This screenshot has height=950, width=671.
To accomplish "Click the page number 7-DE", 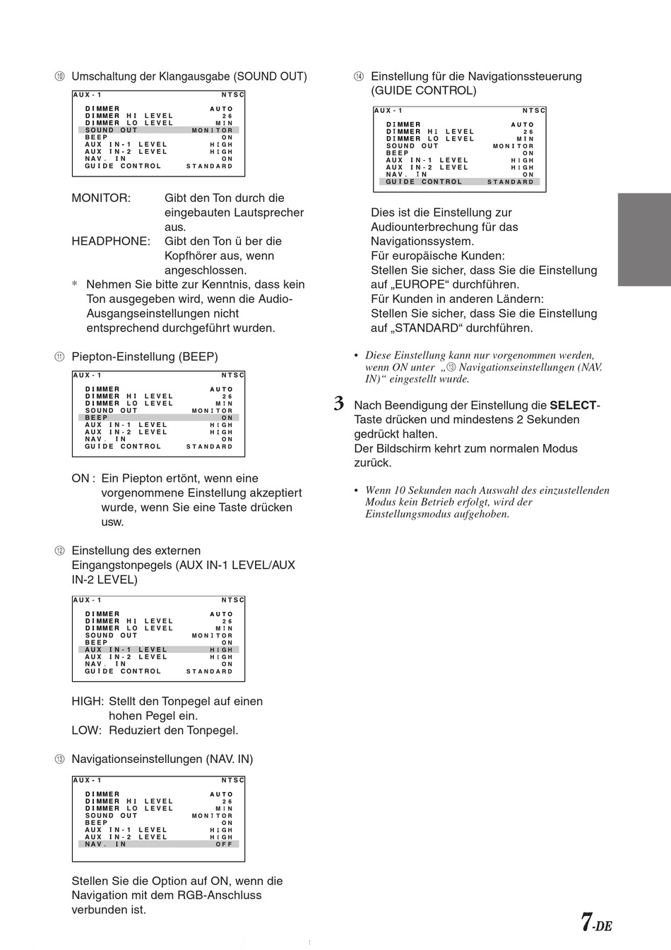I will pos(596,922).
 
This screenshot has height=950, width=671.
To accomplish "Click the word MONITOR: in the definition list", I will pos(101,198).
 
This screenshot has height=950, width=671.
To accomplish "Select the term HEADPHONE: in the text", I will pos(111,241).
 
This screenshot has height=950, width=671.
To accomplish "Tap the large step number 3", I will pos(339,405).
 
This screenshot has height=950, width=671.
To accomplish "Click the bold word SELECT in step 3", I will pos(573,405).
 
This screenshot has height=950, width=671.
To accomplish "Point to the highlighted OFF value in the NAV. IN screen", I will pos(224,844).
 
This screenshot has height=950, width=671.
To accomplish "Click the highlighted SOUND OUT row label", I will pos(111,130).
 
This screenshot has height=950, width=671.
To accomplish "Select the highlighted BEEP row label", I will pos(96,418).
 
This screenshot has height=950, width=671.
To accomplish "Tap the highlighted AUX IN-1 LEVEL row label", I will pos(126,649).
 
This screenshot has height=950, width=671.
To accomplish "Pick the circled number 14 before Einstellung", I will pos(359,77).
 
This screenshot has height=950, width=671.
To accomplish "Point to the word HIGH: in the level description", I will pos(88,702).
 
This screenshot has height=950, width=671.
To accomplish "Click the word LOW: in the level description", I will pos(86,730).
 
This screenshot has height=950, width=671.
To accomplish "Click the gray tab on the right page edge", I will pos(644,239).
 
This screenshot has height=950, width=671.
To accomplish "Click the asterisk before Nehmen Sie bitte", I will pos(75,285).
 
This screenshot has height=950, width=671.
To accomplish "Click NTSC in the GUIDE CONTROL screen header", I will pos(534,111).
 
